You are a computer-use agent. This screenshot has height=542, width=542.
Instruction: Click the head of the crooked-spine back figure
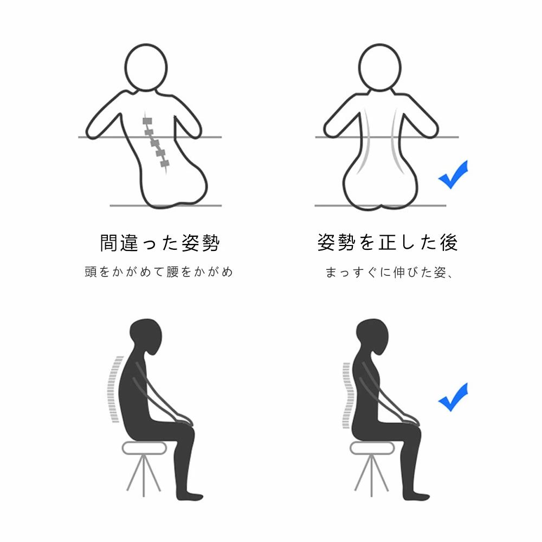[146, 68]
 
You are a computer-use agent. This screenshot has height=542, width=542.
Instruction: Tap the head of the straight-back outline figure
[379, 68]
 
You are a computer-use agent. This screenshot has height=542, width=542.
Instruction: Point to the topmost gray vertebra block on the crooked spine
[147, 121]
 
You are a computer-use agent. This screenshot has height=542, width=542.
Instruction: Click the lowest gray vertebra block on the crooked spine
[165, 163]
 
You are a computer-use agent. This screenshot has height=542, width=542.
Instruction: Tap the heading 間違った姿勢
[160, 243]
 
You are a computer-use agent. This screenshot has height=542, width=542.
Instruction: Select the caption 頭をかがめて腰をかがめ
[159, 272]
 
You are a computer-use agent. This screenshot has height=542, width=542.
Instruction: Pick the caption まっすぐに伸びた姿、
[389, 273]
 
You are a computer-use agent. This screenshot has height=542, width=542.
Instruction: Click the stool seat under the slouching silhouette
[145, 448]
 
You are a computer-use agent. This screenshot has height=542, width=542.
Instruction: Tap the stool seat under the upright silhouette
[372, 448]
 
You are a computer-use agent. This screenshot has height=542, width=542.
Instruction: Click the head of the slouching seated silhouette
[146, 336]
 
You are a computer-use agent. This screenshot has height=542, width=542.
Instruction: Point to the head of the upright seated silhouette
[373, 336]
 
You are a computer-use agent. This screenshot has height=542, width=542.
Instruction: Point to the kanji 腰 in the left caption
[172, 272]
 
